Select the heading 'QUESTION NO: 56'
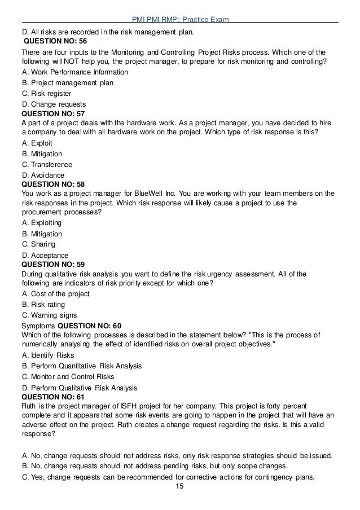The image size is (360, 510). (55, 42)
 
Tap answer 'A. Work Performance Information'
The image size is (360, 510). (74, 72)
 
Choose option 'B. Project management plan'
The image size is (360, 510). (67, 83)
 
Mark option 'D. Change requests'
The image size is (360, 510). (54, 104)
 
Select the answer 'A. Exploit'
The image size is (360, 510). (38, 143)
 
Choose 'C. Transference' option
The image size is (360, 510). (47, 165)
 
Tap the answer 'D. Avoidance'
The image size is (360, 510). (43, 175)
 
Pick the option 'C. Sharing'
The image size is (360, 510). (38, 244)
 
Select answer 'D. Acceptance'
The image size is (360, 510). (45, 255)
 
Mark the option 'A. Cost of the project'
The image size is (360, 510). (55, 294)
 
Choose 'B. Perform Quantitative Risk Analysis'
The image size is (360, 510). (82, 366)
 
